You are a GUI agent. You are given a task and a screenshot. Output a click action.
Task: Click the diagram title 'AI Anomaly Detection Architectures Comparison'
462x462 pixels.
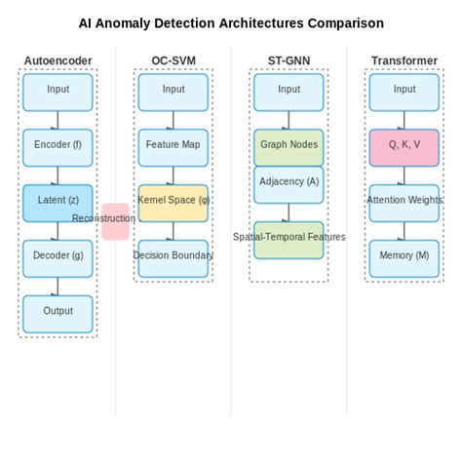[x=231, y=23]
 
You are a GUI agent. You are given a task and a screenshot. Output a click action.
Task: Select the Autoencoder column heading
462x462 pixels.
[x=58, y=61]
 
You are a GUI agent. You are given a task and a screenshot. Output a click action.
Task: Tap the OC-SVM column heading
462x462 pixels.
[x=173, y=61]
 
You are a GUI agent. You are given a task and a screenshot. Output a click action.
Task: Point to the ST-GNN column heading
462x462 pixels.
[x=289, y=61]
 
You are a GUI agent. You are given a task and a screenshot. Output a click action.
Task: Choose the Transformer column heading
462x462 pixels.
[x=404, y=61]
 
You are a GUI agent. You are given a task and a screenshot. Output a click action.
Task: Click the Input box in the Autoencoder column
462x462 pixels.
[x=58, y=91]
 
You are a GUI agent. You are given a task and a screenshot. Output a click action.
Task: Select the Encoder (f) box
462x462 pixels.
[x=58, y=146]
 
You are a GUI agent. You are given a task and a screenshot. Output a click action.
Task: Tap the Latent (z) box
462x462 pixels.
[x=58, y=202]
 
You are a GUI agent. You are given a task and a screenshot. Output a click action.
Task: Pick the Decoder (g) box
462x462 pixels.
[x=58, y=257]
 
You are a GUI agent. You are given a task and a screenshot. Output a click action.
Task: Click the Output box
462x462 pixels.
[x=58, y=313]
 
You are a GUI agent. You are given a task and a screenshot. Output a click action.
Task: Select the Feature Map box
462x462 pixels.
[x=173, y=146]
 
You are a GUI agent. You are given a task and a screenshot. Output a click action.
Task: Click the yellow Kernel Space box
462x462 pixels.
[x=173, y=202]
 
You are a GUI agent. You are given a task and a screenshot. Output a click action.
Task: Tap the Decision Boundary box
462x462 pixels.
[x=173, y=257]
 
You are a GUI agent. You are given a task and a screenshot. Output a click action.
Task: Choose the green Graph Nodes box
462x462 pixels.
[x=289, y=146]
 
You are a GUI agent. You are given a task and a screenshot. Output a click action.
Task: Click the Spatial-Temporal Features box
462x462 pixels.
[x=289, y=240]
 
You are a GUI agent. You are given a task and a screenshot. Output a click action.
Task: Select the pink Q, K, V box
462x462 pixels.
[x=404, y=146]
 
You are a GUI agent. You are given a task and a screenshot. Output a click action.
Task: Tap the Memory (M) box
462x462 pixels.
[x=404, y=257]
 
